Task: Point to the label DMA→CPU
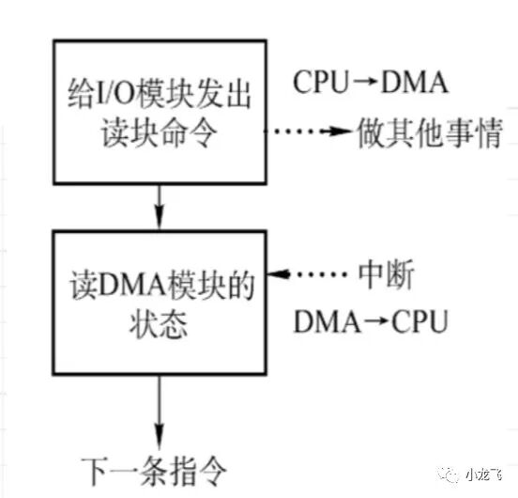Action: coord(371,323)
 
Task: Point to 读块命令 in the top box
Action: coord(160,134)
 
